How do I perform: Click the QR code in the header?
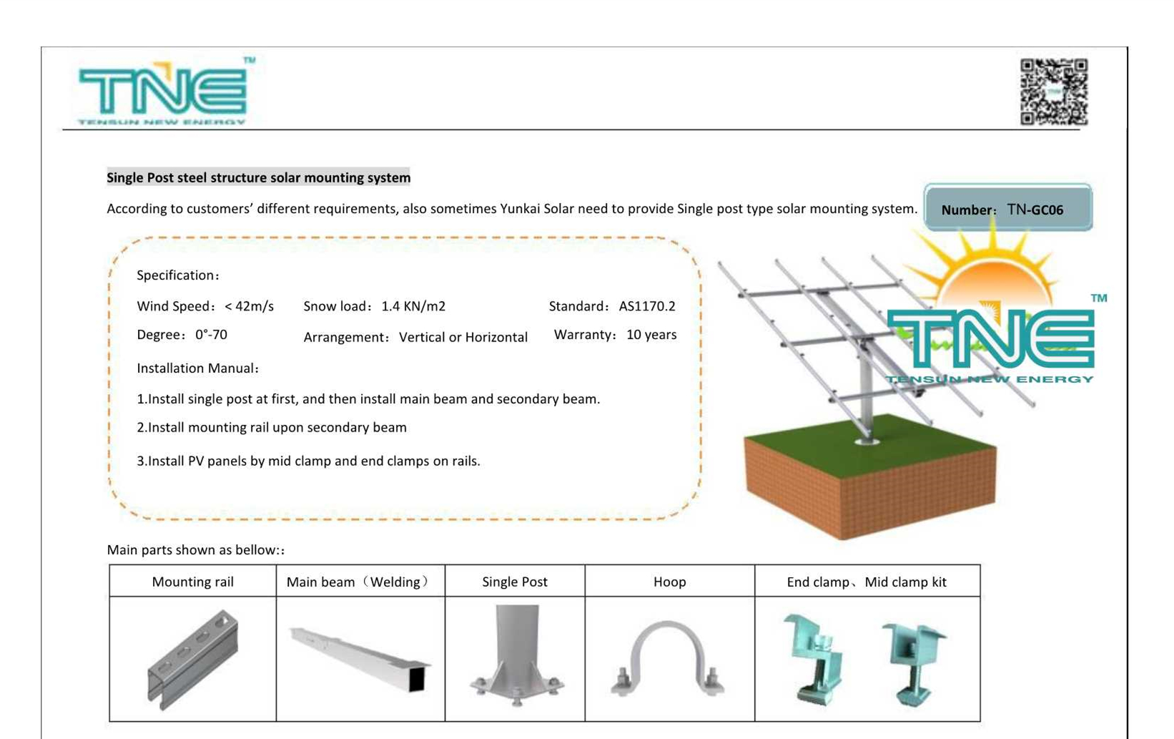point(1054,92)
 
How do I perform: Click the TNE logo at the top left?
point(163,92)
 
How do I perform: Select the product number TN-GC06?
point(1035,210)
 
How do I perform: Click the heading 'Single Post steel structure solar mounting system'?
point(258,177)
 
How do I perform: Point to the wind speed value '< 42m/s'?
point(249,306)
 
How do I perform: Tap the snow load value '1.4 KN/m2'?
point(413,306)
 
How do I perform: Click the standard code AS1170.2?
point(646,306)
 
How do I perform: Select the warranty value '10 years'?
point(651,335)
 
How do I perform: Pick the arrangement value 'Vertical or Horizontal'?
point(463,337)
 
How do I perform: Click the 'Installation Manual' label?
point(197,368)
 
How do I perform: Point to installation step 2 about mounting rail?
point(272,427)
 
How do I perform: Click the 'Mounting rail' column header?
point(192,582)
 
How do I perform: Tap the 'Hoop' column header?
point(669,582)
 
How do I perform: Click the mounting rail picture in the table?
point(193,659)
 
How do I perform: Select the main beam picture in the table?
point(360,658)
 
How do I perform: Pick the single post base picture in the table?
point(516,657)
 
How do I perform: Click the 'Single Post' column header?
point(515,582)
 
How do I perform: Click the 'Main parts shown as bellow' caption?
point(195,549)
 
